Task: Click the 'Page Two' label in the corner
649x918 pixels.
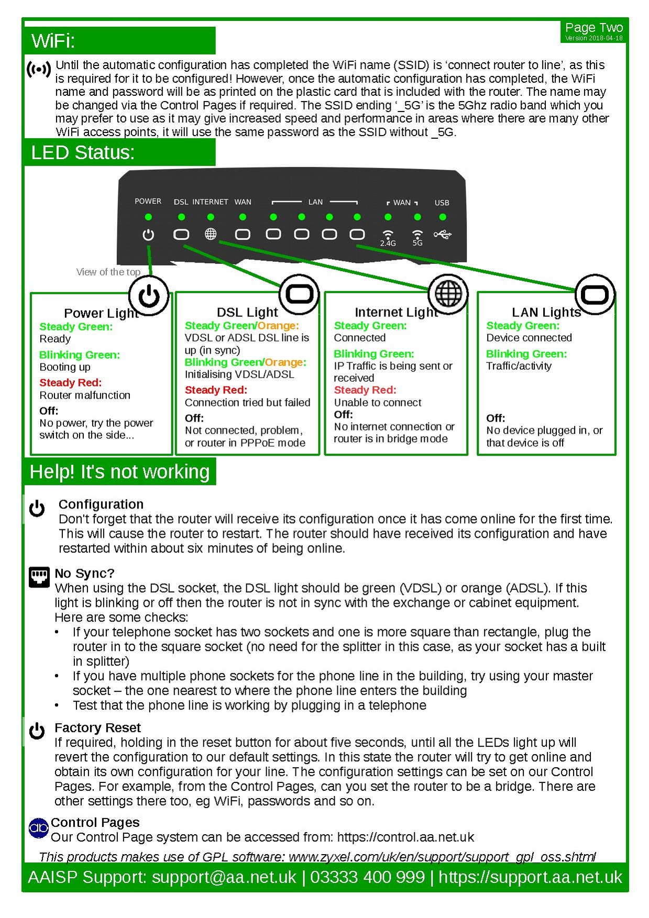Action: (x=593, y=28)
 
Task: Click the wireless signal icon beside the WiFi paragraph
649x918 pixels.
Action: (x=39, y=69)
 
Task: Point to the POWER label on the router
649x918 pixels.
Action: (x=148, y=201)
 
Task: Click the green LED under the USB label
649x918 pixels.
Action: (x=443, y=217)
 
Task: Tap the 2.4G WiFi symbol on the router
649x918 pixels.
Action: (x=388, y=237)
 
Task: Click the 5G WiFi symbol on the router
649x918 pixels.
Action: (x=417, y=237)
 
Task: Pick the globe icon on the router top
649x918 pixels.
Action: (x=211, y=234)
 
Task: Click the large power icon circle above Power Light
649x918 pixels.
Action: (x=149, y=296)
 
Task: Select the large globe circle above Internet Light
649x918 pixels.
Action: (x=448, y=293)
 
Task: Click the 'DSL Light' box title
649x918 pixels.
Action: (x=247, y=312)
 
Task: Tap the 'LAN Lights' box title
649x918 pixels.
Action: (x=546, y=312)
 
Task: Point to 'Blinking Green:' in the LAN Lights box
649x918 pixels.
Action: (x=526, y=354)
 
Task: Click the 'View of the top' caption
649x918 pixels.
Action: (x=108, y=272)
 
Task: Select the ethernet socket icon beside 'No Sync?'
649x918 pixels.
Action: (x=39, y=577)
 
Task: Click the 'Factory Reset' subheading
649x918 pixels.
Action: (x=97, y=727)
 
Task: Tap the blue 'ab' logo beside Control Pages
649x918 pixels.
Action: (x=39, y=828)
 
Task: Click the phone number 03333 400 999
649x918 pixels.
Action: (x=367, y=877)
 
